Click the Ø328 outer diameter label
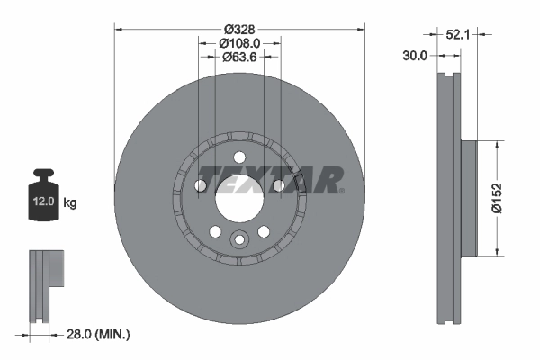point(239,29)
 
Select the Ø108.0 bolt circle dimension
point(239,42)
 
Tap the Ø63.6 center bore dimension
point(239,57)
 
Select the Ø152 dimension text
point(509,198)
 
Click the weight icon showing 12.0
point(42,194)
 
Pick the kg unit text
point(71,202)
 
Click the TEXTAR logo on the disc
point(269,179)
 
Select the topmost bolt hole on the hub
point(239,157)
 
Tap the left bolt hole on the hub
point(201,186)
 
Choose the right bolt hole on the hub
point(279,186)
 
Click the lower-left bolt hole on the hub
point(216,232)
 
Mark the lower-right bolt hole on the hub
point(264,232)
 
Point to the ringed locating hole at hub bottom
point(239,239)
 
